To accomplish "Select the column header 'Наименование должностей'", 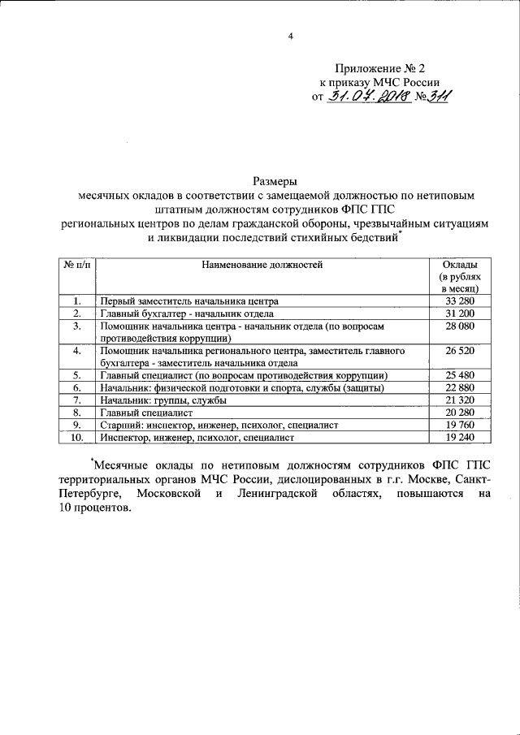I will tap(262, 264).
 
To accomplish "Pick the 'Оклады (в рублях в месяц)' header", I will tap(459, 276).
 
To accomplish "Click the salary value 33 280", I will tap(459, 300).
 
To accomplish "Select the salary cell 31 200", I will tap(459, 313).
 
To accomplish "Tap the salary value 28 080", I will tap(459, 326).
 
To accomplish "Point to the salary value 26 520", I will tap(459, 350).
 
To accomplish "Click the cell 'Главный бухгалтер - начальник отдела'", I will tap(187, 313).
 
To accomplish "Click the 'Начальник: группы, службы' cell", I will tap(163, 400).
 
